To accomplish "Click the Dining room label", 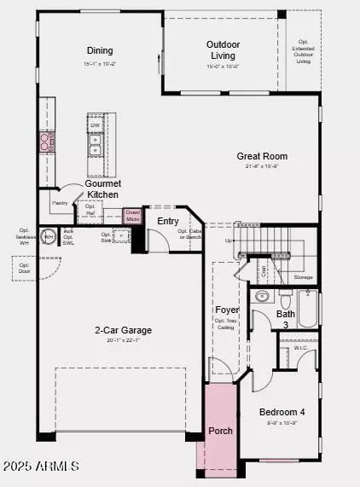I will click(x=100, y=50).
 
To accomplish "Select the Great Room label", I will click(x=262, y=156).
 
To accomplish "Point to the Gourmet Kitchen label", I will click(x=102, y=188).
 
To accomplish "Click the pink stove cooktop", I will click(x=46, y=142).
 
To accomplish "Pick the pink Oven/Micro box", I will click(x=132, y=216).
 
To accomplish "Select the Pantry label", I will click(x=60, y=203).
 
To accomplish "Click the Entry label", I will click(x=168, y=221).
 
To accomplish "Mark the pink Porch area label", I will click(x=220, y=431).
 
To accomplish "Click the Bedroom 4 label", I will click(x=282, y=412).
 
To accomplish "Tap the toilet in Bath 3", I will click(x=286, y=300).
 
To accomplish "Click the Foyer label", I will click(x=227, y=310).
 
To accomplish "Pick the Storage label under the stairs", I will click(x=303, y=276).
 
